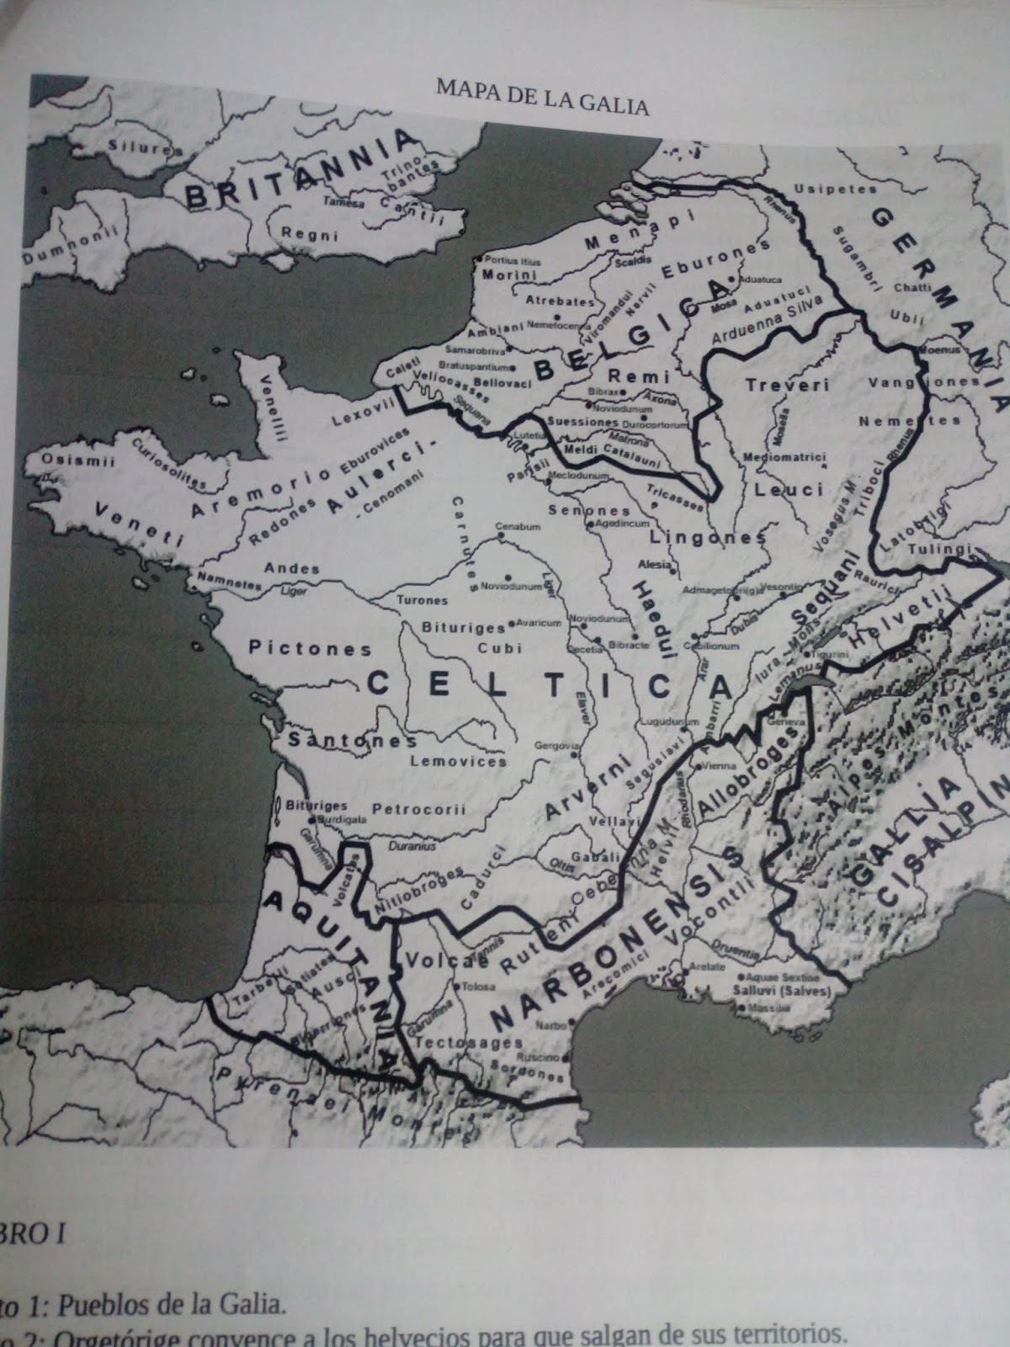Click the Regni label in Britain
point(298,234)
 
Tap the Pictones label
point(310,649)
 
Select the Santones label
point(353,741)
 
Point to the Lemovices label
point(460,761)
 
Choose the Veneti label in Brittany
point(138,525)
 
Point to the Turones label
point(422,600)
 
